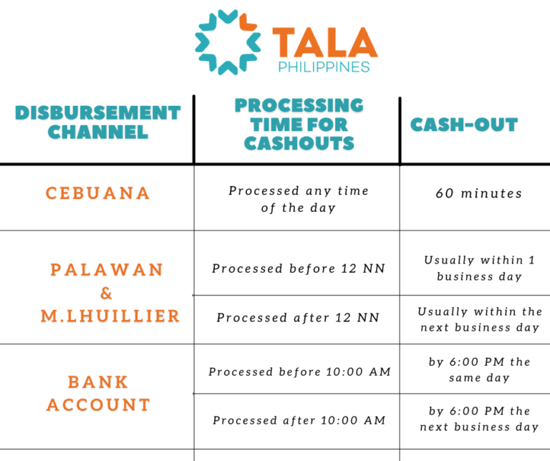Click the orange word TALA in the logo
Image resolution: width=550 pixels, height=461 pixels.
point(325,42)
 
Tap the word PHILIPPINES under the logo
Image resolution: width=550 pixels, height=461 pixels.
point(324,67)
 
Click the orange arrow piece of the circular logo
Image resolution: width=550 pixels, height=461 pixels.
point(248,22)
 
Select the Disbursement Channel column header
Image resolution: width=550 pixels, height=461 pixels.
point(98,122)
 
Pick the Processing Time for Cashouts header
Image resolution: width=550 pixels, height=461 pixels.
point(299,124)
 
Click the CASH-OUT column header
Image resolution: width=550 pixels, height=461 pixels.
point(464,125)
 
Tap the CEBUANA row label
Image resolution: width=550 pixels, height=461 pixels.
point(98,193)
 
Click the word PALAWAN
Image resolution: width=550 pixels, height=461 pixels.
point(107,270)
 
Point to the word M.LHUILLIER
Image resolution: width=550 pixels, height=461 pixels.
point(110,316)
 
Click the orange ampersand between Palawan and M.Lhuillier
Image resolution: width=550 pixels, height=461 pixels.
point(106,293)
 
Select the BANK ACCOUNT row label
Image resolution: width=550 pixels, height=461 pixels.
point(98,393)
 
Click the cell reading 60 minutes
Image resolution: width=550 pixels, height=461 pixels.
point(479,193)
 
